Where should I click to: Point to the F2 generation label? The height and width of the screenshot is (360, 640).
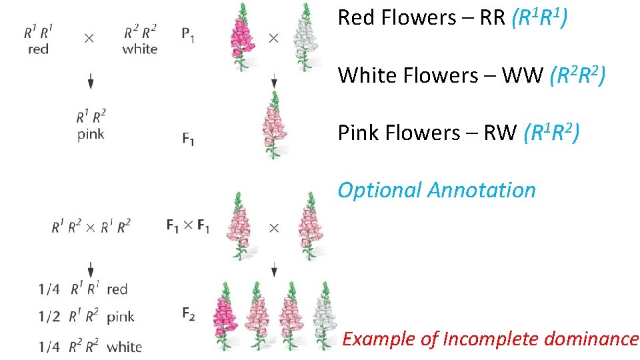tap(188, 314)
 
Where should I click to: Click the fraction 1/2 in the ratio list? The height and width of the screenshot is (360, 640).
tap(50, 317)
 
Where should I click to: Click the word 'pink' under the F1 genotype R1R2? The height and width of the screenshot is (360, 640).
tap(91, 134)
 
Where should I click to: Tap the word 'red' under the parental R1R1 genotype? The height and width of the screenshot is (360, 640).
tap(39, 49)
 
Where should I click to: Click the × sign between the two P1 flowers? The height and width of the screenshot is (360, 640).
tap(273, 39)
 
